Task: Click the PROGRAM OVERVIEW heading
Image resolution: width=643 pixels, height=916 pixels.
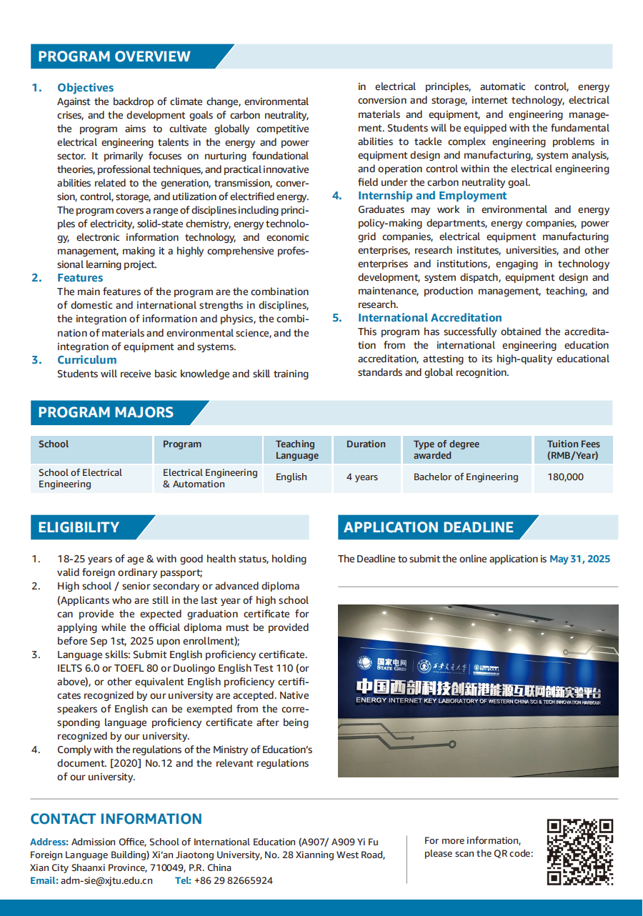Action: coord(114,56)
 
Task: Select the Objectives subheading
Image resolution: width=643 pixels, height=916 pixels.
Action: coord(86,88)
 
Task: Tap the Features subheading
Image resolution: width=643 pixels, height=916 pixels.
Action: coord(80,278)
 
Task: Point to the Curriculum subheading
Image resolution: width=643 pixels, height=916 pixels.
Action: coord(86,360)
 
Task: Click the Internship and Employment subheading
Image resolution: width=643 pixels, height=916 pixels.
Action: coord(432,196)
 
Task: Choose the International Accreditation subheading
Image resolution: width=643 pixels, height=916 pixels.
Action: coord(429,318)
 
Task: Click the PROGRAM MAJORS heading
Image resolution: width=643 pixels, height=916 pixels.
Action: coord(106,412)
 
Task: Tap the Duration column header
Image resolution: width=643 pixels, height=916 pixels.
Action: coord(366,444)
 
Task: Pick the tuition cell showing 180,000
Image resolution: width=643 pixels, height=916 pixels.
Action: coord(565,477)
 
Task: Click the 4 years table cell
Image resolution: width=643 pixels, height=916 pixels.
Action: coord(362,477)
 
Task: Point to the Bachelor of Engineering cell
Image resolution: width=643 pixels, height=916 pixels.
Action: coord(466,477)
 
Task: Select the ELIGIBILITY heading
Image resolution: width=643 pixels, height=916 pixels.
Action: coord(79,527)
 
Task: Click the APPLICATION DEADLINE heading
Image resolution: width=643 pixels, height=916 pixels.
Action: coord(429,527)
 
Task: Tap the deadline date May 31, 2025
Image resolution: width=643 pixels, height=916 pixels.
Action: coord(579,559)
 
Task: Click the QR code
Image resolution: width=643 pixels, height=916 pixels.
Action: coord(580,852)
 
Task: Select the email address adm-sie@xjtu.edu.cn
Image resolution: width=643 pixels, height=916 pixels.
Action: coord(106,881)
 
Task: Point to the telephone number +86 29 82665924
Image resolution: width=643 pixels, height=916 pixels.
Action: coord(233,881)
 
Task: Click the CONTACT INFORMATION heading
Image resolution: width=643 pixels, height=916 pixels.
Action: coord(116,819)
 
